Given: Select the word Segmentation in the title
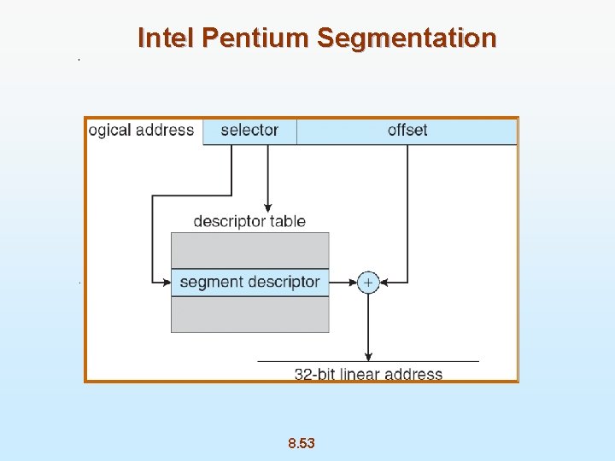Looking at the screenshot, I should [x=406, y=38].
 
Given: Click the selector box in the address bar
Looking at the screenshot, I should [x=249, y=131].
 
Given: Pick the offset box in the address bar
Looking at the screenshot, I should [x=407, y=131].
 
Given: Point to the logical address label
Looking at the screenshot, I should [x=142, y=131].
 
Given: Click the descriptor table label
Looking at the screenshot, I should [x=249, y=221].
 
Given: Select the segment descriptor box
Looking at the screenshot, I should [x=249, y=282].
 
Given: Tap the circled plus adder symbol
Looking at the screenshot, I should [x=368, y=282].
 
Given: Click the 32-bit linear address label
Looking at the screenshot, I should [x=368, y=374].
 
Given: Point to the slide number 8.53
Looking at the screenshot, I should [x=302, y=443].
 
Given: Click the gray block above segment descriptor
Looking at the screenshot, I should [x=249, y=250].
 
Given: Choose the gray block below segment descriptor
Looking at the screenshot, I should [x=249, y=314].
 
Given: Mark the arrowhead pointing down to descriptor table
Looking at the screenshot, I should [x=268, y=207].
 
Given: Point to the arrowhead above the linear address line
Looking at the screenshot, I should [x=368, y=357].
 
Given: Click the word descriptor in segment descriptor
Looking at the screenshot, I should [x=284, y=282].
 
